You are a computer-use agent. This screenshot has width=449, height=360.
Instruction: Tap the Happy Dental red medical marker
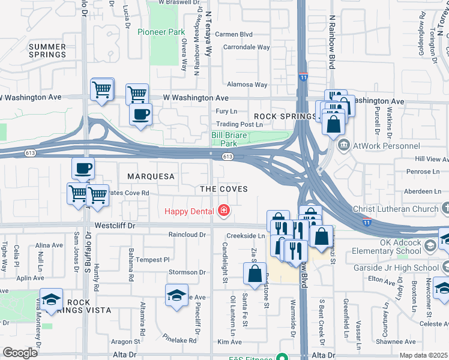(224, 210)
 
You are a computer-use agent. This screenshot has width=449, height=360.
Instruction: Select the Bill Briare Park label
(229, 139)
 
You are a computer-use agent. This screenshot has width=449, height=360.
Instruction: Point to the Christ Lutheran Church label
(397, 208)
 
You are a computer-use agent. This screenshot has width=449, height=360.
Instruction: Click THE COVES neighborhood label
(224, 188)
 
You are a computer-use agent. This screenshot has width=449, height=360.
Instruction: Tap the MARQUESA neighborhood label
(151, 176)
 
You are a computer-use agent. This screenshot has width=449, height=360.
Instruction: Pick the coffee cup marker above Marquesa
(83, 168)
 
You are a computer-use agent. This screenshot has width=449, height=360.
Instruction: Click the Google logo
(20, 353)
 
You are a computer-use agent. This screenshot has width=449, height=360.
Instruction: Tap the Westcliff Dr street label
(115, 226)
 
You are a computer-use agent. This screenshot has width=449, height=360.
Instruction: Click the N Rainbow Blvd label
(331, 42)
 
